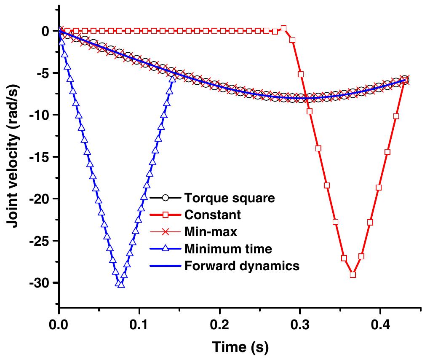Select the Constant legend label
click(212, 215)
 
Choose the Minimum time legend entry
click(227, 249)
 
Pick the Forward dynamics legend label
click(241, 266)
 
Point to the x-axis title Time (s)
click(240, 347)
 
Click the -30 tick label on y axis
click(41, 283)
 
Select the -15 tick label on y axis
click(41, 157)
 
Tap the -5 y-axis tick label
click(44, 73)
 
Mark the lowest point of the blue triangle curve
click(121, 285)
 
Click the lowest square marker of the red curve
click(353, 274)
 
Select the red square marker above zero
click(283, 29)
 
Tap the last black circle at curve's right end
click(405, 80)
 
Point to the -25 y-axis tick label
click(41, 241)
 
